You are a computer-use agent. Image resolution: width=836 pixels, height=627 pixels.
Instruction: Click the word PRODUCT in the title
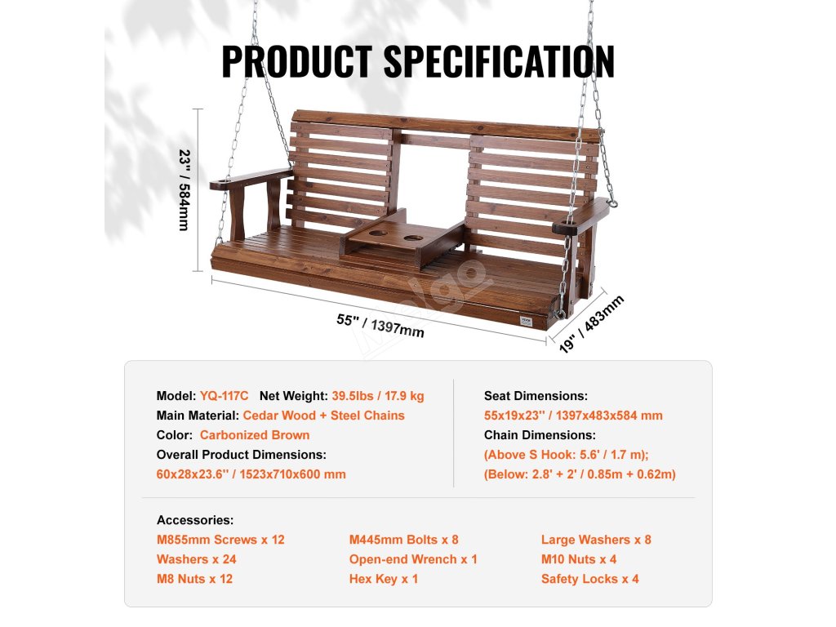point(297,61)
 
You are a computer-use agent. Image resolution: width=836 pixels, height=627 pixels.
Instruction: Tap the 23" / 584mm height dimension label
point(185,189)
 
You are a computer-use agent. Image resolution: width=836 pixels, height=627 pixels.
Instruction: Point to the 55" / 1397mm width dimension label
point(380,325)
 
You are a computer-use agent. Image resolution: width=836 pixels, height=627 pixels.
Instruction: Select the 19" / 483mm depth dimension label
point(591,323)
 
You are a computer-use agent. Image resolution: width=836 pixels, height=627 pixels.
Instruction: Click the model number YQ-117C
point(224,396)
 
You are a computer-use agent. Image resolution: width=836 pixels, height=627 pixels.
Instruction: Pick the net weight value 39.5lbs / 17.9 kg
point(378,396)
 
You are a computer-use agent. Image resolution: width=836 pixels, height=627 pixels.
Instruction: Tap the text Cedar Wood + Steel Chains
point(323,416)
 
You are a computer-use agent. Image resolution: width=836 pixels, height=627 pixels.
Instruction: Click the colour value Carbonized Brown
point(255,435)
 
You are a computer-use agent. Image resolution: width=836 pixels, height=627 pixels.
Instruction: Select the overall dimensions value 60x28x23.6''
point(193,474)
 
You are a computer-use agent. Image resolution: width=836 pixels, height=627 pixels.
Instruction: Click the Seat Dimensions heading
point(536,396)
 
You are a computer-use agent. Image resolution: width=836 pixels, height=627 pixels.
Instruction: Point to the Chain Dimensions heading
point(540,435)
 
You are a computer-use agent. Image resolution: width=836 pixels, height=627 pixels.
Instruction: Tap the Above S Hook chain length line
point(567,455)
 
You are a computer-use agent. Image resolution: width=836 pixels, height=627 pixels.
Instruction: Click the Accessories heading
point(195,520)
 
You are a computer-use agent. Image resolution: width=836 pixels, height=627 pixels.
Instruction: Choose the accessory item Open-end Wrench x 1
point(413,559)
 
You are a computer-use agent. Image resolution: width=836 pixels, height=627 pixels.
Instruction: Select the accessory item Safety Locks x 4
point(589,579)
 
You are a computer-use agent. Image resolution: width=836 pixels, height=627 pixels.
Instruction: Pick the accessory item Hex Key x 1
point(384,579)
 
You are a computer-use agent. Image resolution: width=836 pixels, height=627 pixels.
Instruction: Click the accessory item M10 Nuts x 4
point(579,559)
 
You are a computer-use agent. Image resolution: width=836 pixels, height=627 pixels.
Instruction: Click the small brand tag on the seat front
point(526,322)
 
